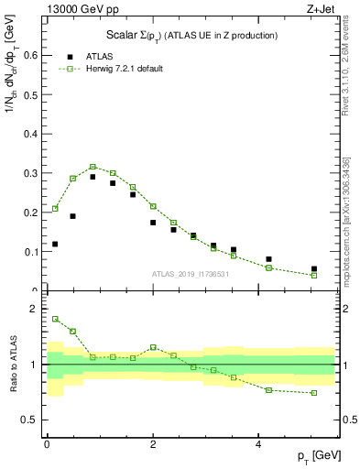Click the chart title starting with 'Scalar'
tap(191, 35)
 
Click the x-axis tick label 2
tap(153, 444)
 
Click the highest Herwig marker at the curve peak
tap(93, 167)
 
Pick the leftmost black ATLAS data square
tap(55, 245)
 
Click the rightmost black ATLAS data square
tap(314, 269)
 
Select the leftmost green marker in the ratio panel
tap(55, 319)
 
